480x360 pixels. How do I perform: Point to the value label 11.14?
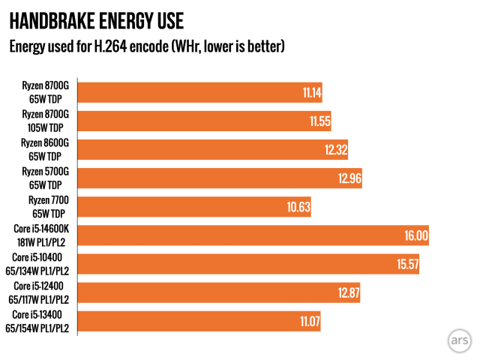tap(312, 93)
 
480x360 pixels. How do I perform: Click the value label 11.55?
tap(320, 121)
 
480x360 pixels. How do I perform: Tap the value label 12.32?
tap(337, 150)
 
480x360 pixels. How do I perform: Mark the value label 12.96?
tap(349, 178)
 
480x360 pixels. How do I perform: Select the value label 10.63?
tap(301, 207)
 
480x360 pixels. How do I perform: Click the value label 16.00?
tap(416, 235)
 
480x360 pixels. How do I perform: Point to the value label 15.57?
tap(406, 264)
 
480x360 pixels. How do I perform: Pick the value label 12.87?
tap(349, 292)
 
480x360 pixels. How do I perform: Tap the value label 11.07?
tap(310, 321)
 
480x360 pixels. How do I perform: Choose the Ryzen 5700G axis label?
tap(45, 178)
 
